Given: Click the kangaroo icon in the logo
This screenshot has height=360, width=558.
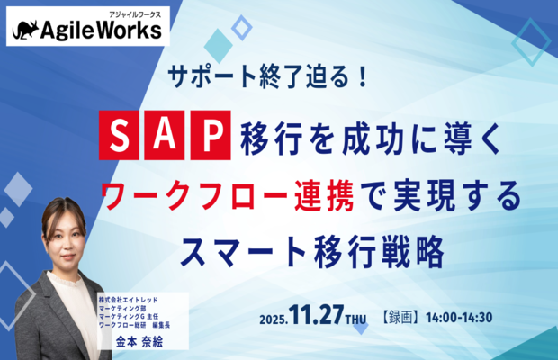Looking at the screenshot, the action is pyautogui.click(x=25, y=31).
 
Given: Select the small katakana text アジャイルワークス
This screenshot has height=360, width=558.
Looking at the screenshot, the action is pyautogui.click(x=134, y=14).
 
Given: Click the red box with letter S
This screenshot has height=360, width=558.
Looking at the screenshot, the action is pyautogui.click(x=119, y=135).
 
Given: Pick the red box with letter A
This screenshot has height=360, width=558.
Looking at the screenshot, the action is pyautogui.click(x=165, y=135).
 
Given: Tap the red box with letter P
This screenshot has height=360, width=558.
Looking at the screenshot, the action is pyautogui.click(x=211, y=135).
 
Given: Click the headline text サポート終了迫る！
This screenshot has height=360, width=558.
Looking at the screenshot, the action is pyautogui.click(x=267, y=76).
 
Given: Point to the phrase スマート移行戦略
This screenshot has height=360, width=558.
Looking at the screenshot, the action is pyautogui.click(x=313, y=252).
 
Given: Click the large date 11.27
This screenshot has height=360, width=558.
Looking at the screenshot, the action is pyautogui.click(x=317, y=315).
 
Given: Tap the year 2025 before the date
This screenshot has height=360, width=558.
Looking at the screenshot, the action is pyautogui.click(x=274, y=319).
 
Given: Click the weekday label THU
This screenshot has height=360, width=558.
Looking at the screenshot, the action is pyautogui.click(x=355, y=319).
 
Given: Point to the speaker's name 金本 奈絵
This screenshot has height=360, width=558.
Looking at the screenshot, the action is pyautogui.click(x=139, y=342).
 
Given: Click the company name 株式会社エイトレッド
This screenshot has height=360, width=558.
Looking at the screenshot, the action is pyautogui.click(x=128, y=300).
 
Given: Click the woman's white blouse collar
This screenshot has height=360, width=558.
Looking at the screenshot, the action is pyautogui.click(x=66, y=281).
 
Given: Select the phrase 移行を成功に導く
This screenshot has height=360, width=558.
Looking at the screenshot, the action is pyautogui.click(x=371, y=138).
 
